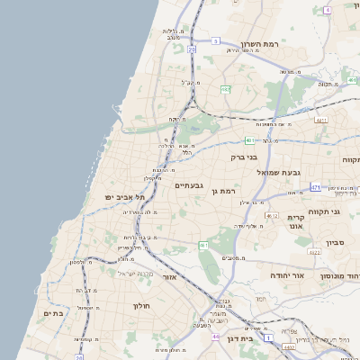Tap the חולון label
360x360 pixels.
click(x=141, y=306)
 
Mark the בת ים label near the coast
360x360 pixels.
click(x=53, y=313)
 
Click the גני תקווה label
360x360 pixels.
click(x=323, y=212)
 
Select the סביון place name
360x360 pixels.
click(x=335, y=243)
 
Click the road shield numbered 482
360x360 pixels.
click(x=226, y=89)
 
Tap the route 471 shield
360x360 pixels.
click(x=316, y=187)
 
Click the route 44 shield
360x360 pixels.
click(x=215, y=337)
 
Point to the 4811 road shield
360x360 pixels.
click(x=321, y=118)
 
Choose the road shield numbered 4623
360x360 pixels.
click(x=313, y=253)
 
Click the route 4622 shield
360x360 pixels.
click(x=289, y=346)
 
